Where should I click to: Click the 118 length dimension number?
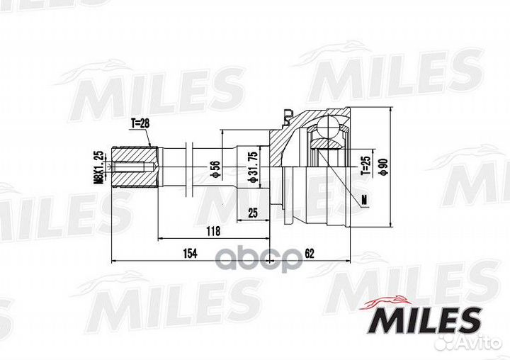[x=212, y=230]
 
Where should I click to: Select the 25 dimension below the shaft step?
[x=253, y=212]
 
